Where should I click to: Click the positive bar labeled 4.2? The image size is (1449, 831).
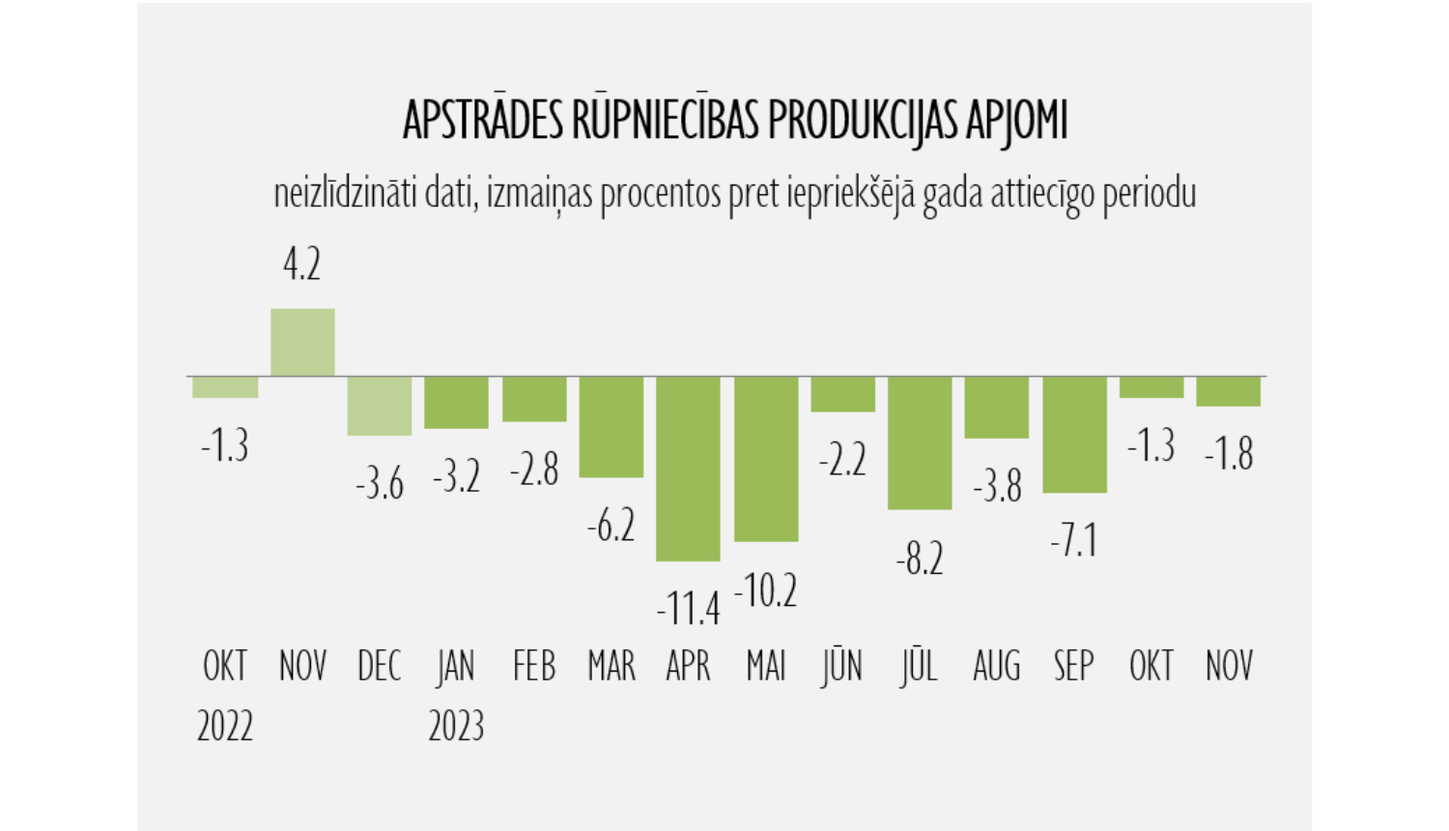click(x=302, y=342)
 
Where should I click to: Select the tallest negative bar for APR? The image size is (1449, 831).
click(x=688, y=469)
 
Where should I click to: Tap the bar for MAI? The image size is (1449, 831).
click(x=766, y=459)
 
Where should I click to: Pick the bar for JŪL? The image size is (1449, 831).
click(x=920, y=443)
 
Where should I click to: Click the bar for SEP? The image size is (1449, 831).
click(x=1074, y=435)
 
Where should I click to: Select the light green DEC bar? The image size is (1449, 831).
click(x=380, y=406)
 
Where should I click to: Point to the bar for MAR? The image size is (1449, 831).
click(x=611, y=427)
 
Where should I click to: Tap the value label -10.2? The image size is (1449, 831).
click(x=766, y=590)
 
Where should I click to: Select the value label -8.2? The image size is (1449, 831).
click(x=920, y=559)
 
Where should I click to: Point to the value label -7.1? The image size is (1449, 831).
click(x=1074, y=540)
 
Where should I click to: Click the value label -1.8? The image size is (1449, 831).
click(x=1229, y=453)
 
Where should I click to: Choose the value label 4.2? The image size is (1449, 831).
click(x=302, y=264)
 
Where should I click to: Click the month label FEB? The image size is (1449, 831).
click(x=534, y=667)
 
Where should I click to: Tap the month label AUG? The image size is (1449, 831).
click(x=997, y=667)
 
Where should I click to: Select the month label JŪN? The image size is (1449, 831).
click(x=842, y=667)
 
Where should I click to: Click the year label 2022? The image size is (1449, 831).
click(x=225, y=726)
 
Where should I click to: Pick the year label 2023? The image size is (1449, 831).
click(x=456, y=726)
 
